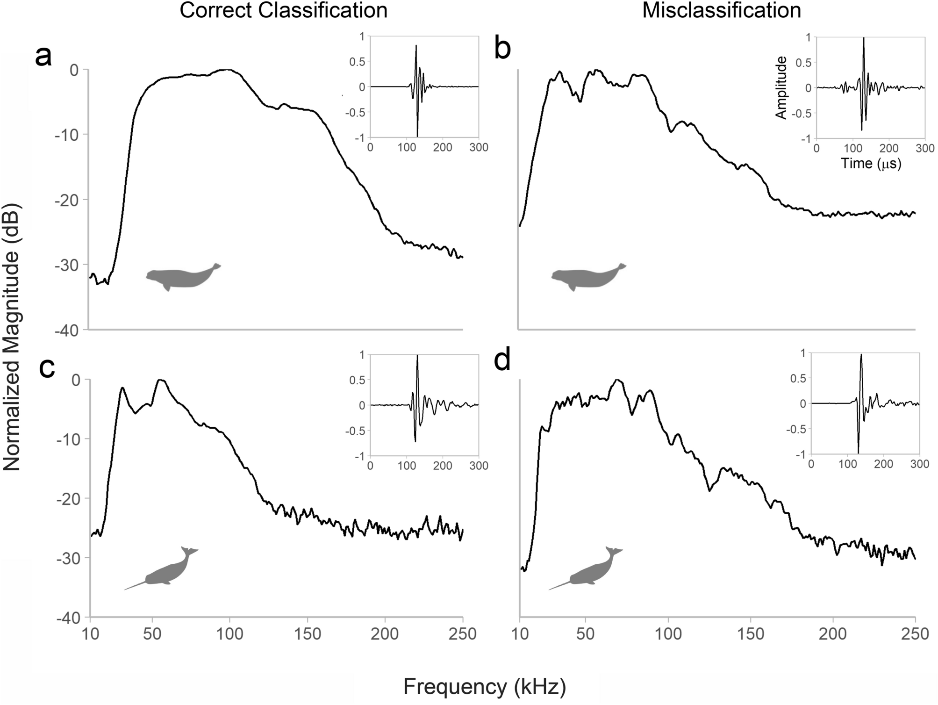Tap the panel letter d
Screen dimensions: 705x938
pos(502,361)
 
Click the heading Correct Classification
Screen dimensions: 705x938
pos(283,11)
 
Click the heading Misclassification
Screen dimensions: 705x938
pos(721,11)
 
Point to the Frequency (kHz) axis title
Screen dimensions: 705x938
pos(484,687)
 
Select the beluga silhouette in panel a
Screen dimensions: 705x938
pos(182,278)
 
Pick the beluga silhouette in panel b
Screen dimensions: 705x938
pos(588,278)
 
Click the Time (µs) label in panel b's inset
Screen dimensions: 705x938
pos(871,163)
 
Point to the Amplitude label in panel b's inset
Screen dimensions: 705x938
pos(781,88)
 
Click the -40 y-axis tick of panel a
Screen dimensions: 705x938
pos(68,330)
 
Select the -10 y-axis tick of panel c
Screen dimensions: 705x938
pos(68,439)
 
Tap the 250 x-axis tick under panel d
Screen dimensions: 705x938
pos(915,634)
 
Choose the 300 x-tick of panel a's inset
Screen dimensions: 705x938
pos(478,148)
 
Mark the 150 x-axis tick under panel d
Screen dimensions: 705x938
pos(750,634)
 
